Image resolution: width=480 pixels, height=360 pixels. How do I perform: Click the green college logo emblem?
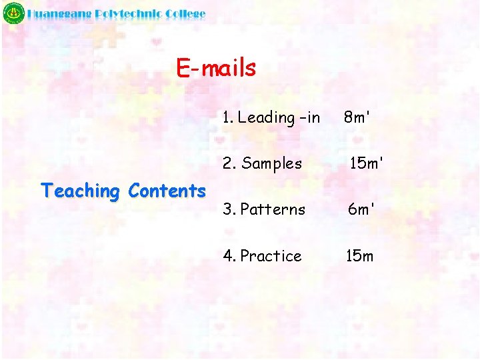13,14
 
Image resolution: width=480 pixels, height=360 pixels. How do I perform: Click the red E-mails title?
216,67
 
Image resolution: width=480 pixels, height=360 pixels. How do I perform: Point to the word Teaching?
80,191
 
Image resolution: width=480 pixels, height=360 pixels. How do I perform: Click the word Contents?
167,191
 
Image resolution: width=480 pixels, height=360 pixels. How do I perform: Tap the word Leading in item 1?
266,118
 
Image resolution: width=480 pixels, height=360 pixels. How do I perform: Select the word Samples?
272,163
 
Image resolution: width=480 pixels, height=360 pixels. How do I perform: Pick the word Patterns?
273,209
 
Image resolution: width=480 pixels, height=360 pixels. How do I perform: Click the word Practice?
271,256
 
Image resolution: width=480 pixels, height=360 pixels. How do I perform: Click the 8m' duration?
357,117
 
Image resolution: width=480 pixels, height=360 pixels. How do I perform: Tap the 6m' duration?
361,209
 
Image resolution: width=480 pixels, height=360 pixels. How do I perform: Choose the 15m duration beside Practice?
359,256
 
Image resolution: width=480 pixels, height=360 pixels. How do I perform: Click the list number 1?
227,118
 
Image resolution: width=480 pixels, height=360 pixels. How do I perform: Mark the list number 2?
228,163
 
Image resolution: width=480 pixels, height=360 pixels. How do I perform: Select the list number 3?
228,209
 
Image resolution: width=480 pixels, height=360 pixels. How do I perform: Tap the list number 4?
228,256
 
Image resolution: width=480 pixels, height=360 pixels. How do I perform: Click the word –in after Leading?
310,118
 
